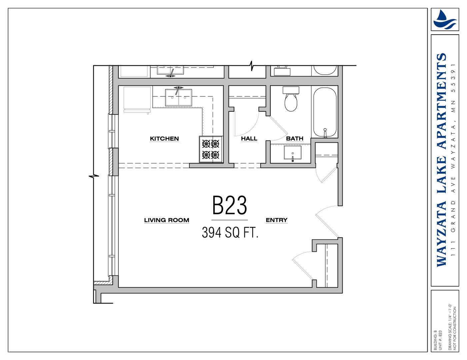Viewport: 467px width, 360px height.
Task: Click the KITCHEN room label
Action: [164, 139]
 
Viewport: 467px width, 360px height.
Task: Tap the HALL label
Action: [249, 139]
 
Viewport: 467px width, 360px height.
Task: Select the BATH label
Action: [295, 139]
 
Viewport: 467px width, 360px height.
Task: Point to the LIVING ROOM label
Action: [167, 220]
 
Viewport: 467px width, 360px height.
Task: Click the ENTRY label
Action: [277, 220]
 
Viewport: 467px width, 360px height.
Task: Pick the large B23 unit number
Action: [230, 205]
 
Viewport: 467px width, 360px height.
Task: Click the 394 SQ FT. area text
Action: [230, 233]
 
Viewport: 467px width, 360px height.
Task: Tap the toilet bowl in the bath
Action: [291, 102]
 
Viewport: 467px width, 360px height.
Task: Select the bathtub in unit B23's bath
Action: [325, 112]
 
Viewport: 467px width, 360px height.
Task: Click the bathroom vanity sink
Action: [292, 153]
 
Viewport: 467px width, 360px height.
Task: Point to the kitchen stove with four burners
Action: [211, 149]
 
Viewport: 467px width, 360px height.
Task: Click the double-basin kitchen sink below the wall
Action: [178, 98]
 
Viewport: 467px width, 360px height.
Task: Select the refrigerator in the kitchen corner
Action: [137, 99]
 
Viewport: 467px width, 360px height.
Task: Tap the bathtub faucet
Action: [325, 133]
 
